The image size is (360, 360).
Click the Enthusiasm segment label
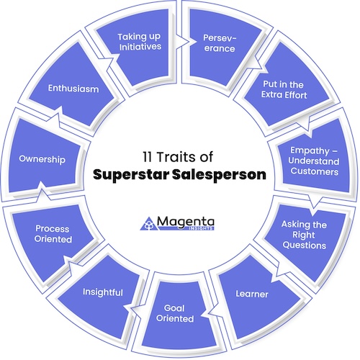[73, 89]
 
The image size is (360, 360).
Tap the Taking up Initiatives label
[140, 42]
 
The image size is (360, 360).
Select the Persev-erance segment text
[220, 43]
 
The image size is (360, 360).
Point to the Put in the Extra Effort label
[284, 89]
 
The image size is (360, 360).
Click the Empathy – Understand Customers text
[314, 161]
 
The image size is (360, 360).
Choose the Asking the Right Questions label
[304, 235]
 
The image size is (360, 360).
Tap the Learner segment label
[252, 294]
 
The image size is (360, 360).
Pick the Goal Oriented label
[175, 313]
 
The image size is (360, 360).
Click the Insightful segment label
[103, 292]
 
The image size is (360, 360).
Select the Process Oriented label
[53, 234]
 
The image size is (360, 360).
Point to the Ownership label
[42, 159]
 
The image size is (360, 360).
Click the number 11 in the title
[147, 157]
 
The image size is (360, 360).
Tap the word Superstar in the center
[131, 175]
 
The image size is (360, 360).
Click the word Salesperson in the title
[220, 175]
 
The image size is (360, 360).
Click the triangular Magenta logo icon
[149, 224]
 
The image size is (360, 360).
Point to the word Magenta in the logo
[186, 222]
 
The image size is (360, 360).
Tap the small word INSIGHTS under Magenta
[201, 228]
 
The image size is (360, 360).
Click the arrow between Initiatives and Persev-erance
[183, 42]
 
